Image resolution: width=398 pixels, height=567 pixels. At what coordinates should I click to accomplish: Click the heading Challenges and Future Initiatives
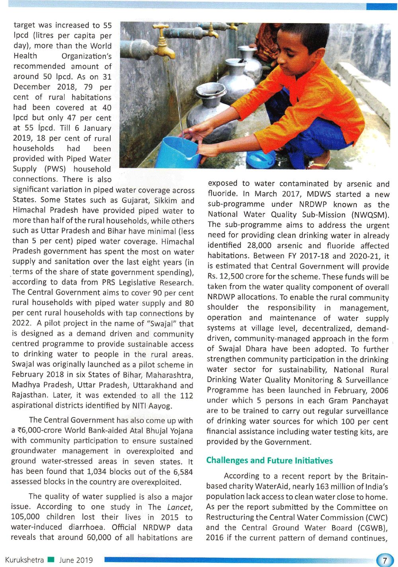pos(269,460)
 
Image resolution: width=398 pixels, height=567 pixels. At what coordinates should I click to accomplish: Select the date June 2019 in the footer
pos(76,560)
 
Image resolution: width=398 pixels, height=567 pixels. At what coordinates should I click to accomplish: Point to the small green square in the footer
pos(51,559)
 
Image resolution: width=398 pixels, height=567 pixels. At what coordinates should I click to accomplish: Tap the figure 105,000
pos(25,517)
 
